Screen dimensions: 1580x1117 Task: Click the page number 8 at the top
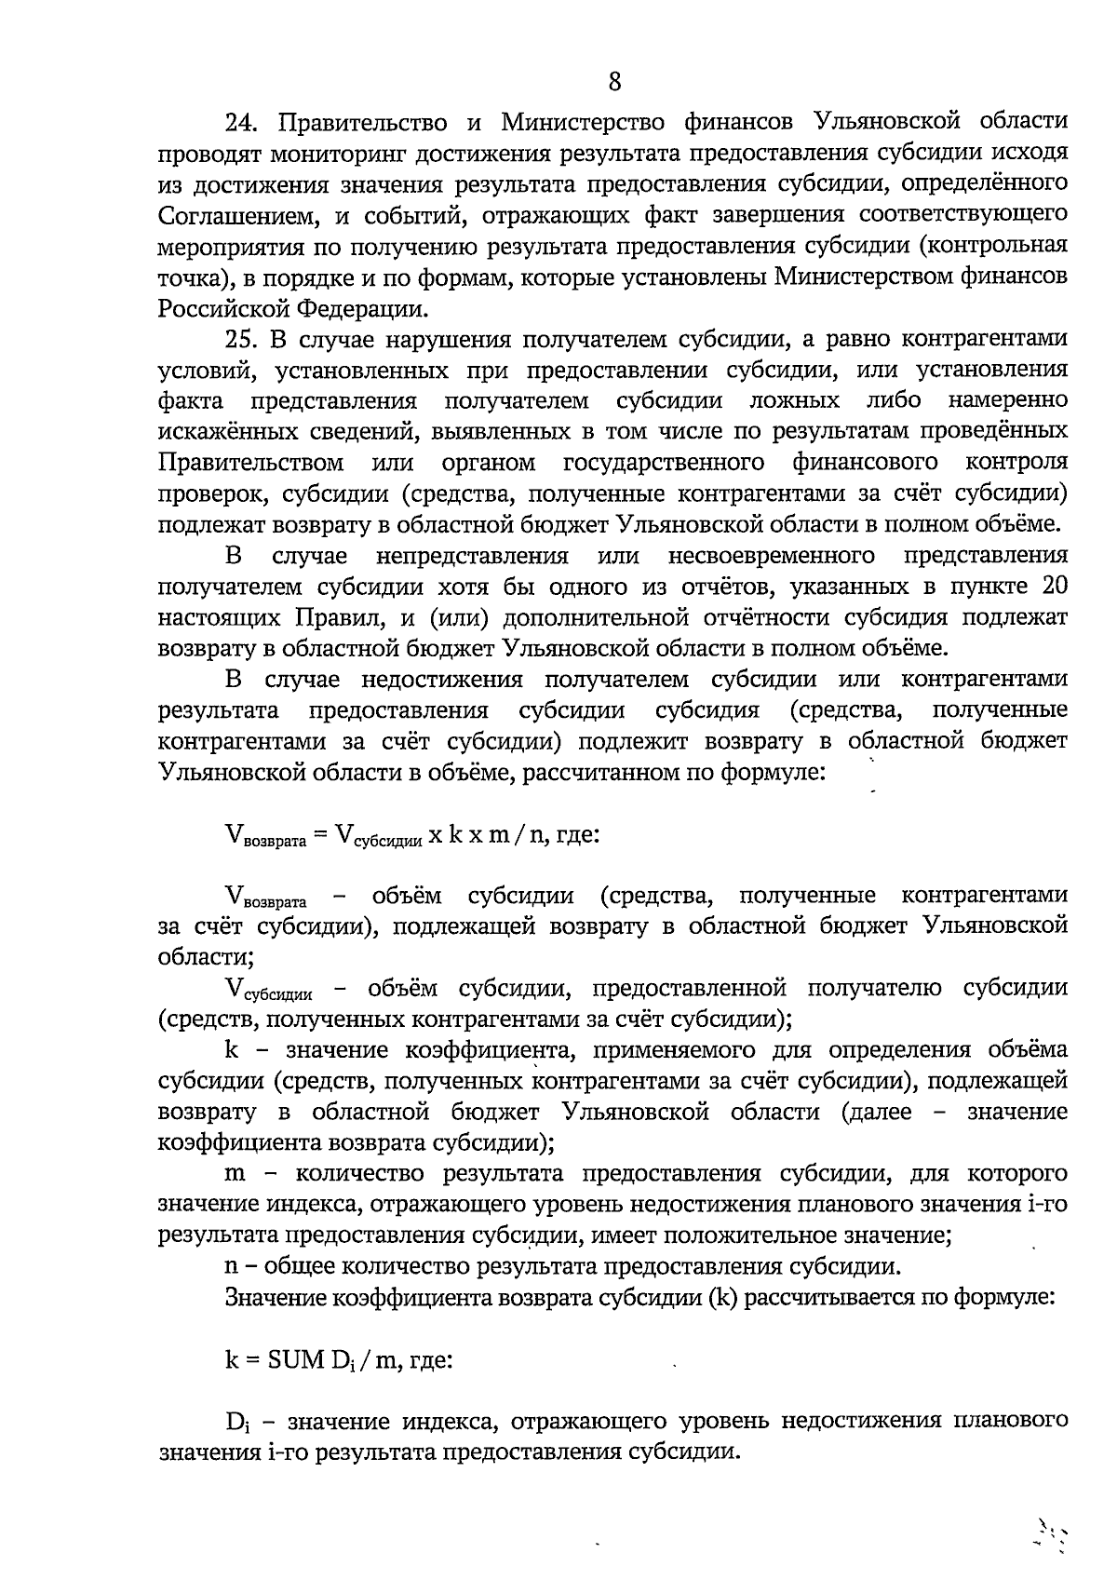[x=614, y=82]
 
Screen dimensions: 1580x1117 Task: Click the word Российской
[x=222, y=308]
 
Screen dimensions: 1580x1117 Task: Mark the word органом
[x=489, y=463]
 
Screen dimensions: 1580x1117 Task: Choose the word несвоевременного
[x=772, y=556]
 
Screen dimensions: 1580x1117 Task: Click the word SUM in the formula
[x=294, y=1359]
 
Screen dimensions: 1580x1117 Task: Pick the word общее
[x=301, y=1266]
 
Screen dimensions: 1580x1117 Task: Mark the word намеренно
[x=1007, y=401]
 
